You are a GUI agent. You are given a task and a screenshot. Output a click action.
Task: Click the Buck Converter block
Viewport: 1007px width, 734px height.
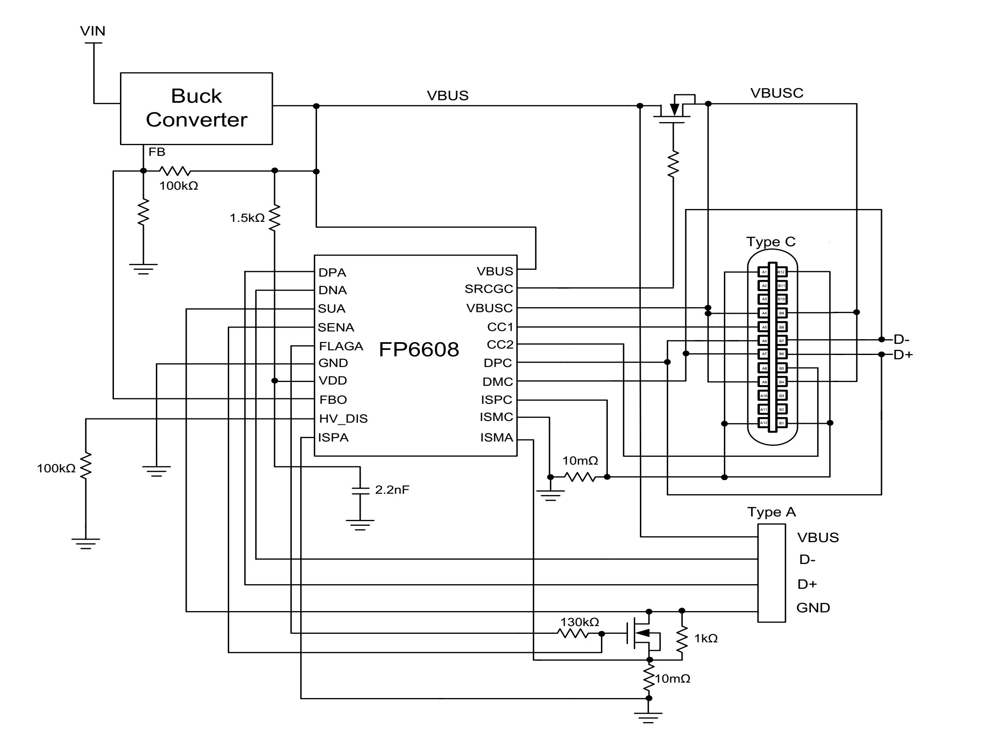coord(196,108)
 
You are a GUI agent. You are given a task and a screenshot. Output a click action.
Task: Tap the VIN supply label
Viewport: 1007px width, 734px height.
coord(93,31)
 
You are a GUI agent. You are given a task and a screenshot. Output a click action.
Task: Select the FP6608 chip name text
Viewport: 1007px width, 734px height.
coord(418,350)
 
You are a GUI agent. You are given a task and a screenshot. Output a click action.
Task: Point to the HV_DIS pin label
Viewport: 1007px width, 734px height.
coord(343,418)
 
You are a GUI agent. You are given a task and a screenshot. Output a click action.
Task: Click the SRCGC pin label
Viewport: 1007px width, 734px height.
coord(488,289)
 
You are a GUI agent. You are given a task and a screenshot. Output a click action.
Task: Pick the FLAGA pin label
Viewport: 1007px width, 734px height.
coord(341,346)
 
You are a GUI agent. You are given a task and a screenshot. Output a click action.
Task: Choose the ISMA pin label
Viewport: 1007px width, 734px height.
coord(496,438)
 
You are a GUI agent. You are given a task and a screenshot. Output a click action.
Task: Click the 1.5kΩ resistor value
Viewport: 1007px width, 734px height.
coord(247,218)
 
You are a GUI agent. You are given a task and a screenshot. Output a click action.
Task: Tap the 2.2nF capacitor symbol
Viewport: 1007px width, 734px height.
coord(360,490)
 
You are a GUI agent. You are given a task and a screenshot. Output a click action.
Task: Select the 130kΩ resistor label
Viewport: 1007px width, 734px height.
coord(579,622)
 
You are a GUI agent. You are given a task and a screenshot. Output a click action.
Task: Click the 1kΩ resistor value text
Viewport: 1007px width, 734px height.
coord(706,639)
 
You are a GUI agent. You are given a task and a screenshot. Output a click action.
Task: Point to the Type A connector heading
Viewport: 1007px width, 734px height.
coord(771,512)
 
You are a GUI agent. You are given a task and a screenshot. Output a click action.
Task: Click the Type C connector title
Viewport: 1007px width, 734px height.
coord(771,242)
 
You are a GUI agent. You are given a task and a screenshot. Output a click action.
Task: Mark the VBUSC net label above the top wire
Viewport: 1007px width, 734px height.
coord(777,93)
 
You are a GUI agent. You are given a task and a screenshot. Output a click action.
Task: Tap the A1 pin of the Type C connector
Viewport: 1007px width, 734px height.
coord(763,272)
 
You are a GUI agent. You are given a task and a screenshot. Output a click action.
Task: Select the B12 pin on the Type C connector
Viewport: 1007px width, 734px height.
coord(781,272)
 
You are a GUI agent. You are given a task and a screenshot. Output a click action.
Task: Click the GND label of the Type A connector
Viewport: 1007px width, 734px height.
coord(813,608)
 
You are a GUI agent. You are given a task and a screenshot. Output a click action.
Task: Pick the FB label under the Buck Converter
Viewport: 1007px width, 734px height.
coord(156,152)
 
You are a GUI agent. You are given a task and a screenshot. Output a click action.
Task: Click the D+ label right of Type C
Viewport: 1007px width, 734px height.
coord(902,355)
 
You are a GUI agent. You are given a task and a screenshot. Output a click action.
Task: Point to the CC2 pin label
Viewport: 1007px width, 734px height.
coord(500,345)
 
